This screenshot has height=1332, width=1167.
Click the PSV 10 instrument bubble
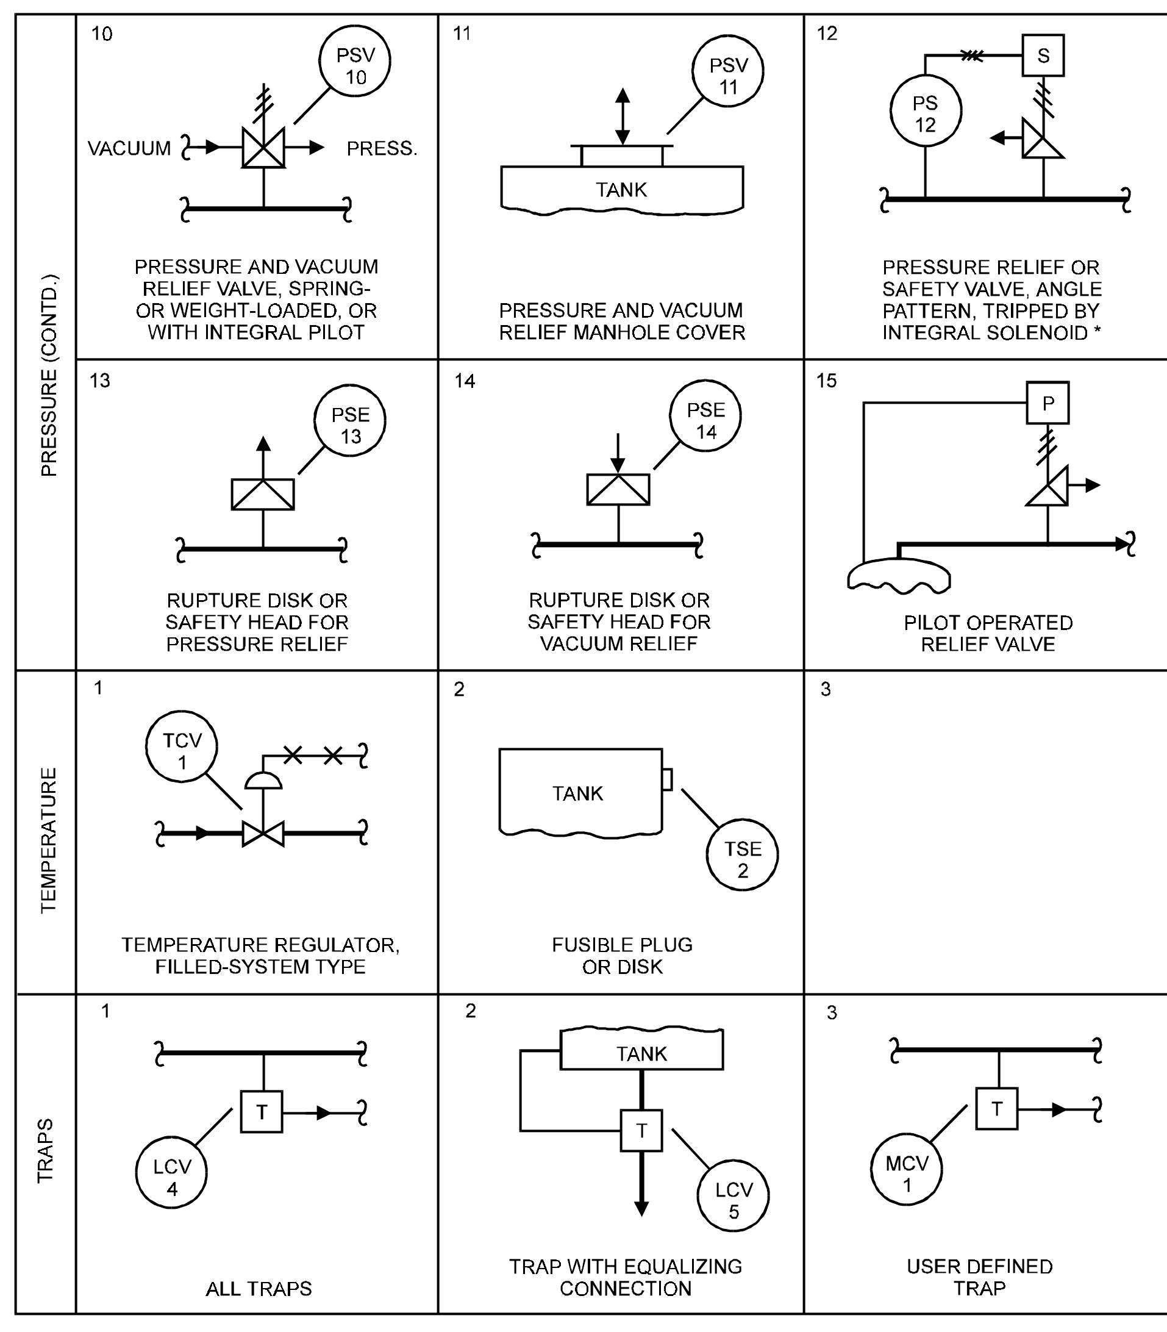[x=355, y=63]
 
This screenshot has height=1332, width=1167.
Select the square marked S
[x=1043, y=56]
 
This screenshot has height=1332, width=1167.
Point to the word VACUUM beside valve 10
[x=129, y=148]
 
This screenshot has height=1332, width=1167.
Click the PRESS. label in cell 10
[x=382, y=148]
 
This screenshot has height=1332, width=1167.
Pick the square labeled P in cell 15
[x=1047, y=403]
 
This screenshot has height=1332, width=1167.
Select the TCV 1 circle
[x=182, y=748]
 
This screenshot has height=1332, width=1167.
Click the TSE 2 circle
[x=743, y=855]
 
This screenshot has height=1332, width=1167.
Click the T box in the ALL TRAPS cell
[x=262, y=1112]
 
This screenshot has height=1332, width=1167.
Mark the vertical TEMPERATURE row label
[x=48, y=840]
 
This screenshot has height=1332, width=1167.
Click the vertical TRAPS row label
[x=45, y=1150]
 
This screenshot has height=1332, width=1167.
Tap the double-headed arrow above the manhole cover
[x=623, y=116]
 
